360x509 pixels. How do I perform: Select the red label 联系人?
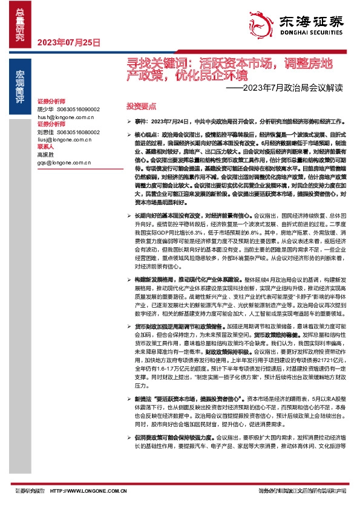[x=46, y=146]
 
